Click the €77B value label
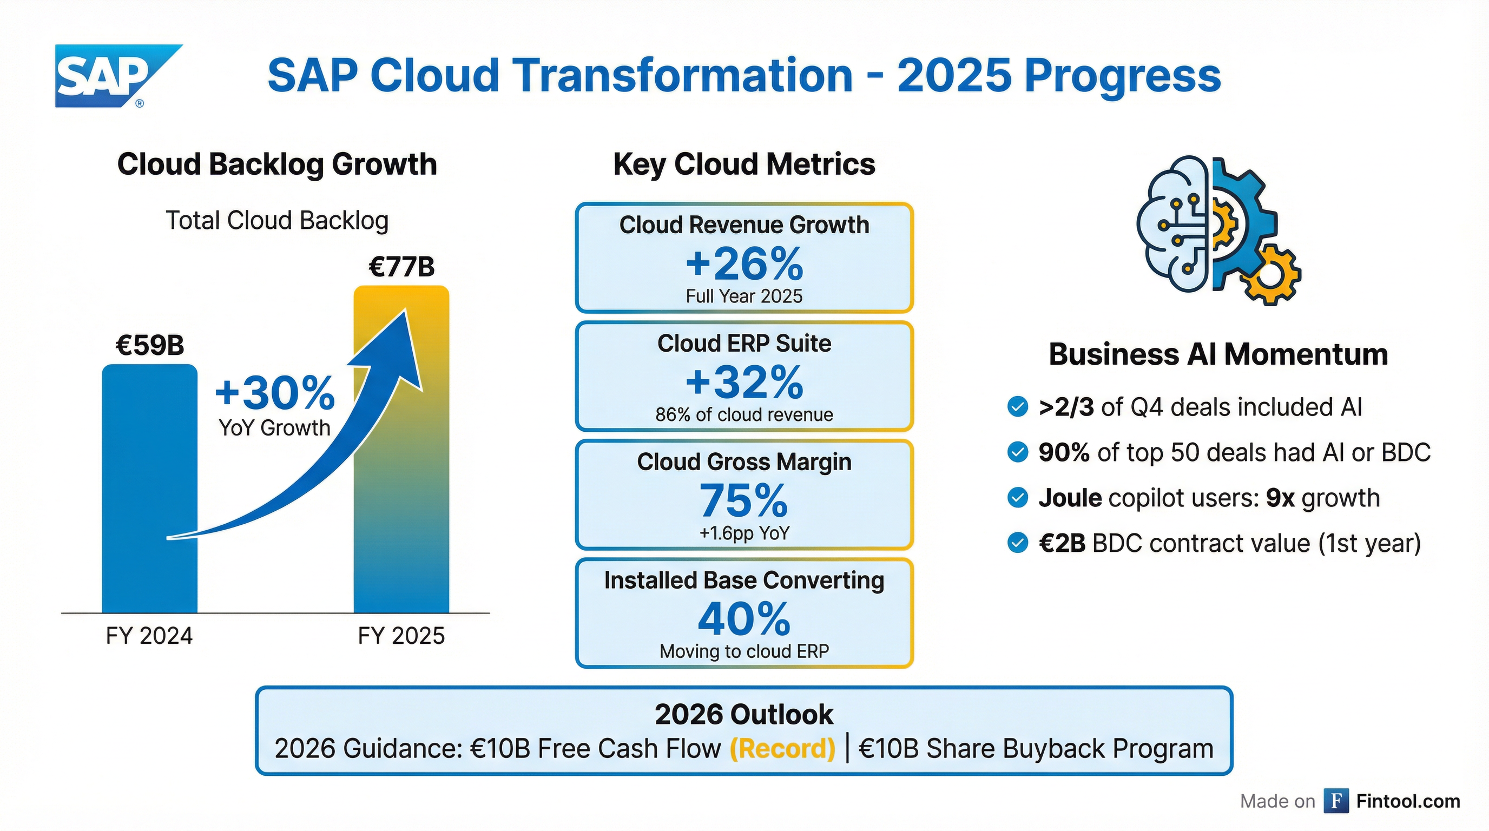(401, 267)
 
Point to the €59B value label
(150, 346)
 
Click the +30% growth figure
(274, 393)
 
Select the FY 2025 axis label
(401, 636)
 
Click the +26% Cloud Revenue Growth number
(744, 264)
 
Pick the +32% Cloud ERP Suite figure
(744, 382)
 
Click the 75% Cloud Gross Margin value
(744, 500)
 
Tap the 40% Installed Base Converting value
(744, 619)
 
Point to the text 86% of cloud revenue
(744, 414)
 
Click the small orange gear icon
(1270, 274)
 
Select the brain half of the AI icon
(1174, 226)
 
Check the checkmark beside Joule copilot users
(1017, 498)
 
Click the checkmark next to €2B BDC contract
(1017, 543)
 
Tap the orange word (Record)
(782, 748)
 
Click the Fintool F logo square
(1336, 801)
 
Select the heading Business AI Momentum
(1218, 354)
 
